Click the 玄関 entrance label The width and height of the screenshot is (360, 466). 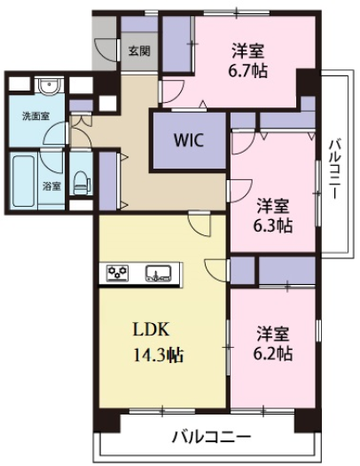point(139,51)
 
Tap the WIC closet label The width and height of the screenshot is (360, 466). point(189,140)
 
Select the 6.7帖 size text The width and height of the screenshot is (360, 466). point(247,71)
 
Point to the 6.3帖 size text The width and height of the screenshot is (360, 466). point(272,225)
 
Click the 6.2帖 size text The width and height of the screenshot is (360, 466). point(272,353)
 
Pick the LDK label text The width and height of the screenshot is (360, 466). point(152,329)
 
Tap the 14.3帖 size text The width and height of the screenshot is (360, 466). point(159,355)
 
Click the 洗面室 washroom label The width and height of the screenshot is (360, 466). point(35,116)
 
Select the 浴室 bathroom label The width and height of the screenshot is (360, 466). point(52,186)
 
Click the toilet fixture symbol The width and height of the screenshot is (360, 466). point(81,183)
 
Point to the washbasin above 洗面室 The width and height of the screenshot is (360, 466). point(50,86)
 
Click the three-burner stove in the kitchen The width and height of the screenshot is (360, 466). point(118,272)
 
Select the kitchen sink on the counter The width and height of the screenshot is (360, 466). point(158,272)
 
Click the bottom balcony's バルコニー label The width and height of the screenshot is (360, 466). point(212,437)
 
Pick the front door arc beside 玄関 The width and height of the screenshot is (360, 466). point(106,51)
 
